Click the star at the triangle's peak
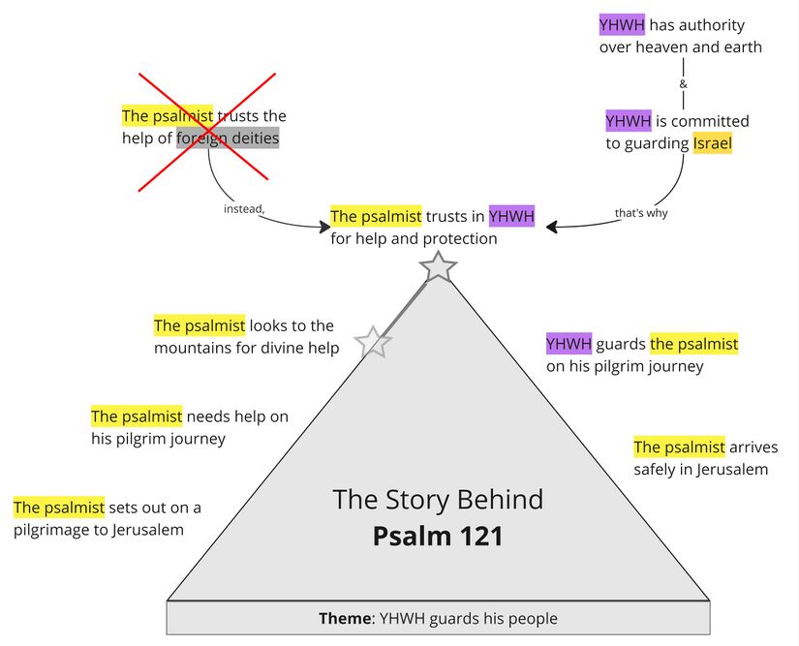coord(439,266)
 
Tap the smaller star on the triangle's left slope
coord(373,342)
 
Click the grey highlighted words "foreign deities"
coord(228,138)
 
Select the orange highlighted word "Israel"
coord(712,144)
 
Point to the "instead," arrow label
coord(244,208)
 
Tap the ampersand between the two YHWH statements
coord(684,84)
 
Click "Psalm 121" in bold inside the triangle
coord(438,536)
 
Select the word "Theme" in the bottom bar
coord(346,618)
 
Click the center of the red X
coord(203,126)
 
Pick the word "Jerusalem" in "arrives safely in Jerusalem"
coord(733,470)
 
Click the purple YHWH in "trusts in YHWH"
coord(511,216)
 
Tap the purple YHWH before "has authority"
coord(622,25)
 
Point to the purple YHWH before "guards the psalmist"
coord(569,344)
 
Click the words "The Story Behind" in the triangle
coord(438,500)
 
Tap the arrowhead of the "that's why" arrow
coord(551,227)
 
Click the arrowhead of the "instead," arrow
coord(324,227)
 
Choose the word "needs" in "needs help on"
coord(208,416)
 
